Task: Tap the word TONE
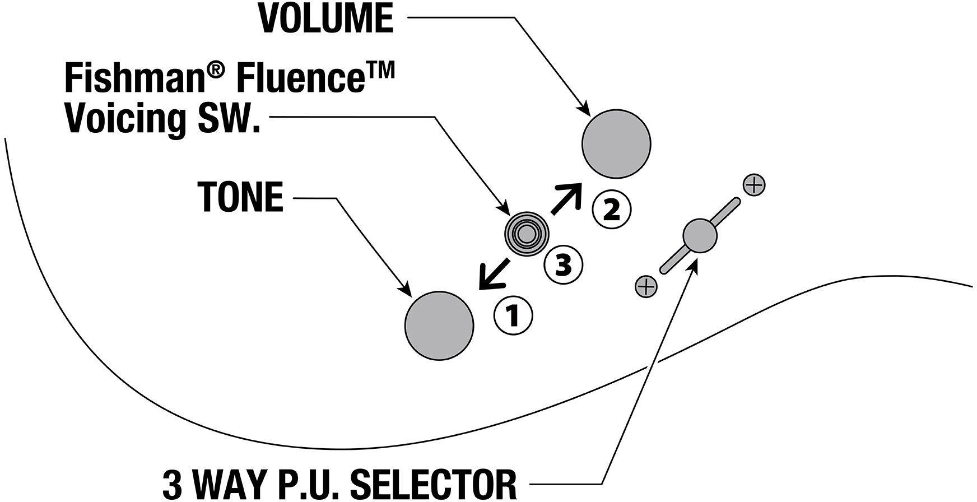coord(241,197)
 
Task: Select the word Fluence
coord(297,78)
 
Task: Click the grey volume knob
coord(616,144)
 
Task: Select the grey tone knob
coord(439,326)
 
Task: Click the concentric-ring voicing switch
coord(526,235)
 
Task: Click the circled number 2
coord(612,210)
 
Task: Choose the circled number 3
coord(564,264)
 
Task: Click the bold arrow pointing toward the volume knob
coord(566,198)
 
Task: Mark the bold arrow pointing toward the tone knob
coord(493,274)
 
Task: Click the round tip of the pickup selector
coord(700,235)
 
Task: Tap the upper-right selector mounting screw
coord(753,184)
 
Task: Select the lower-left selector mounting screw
coord(646,286)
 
